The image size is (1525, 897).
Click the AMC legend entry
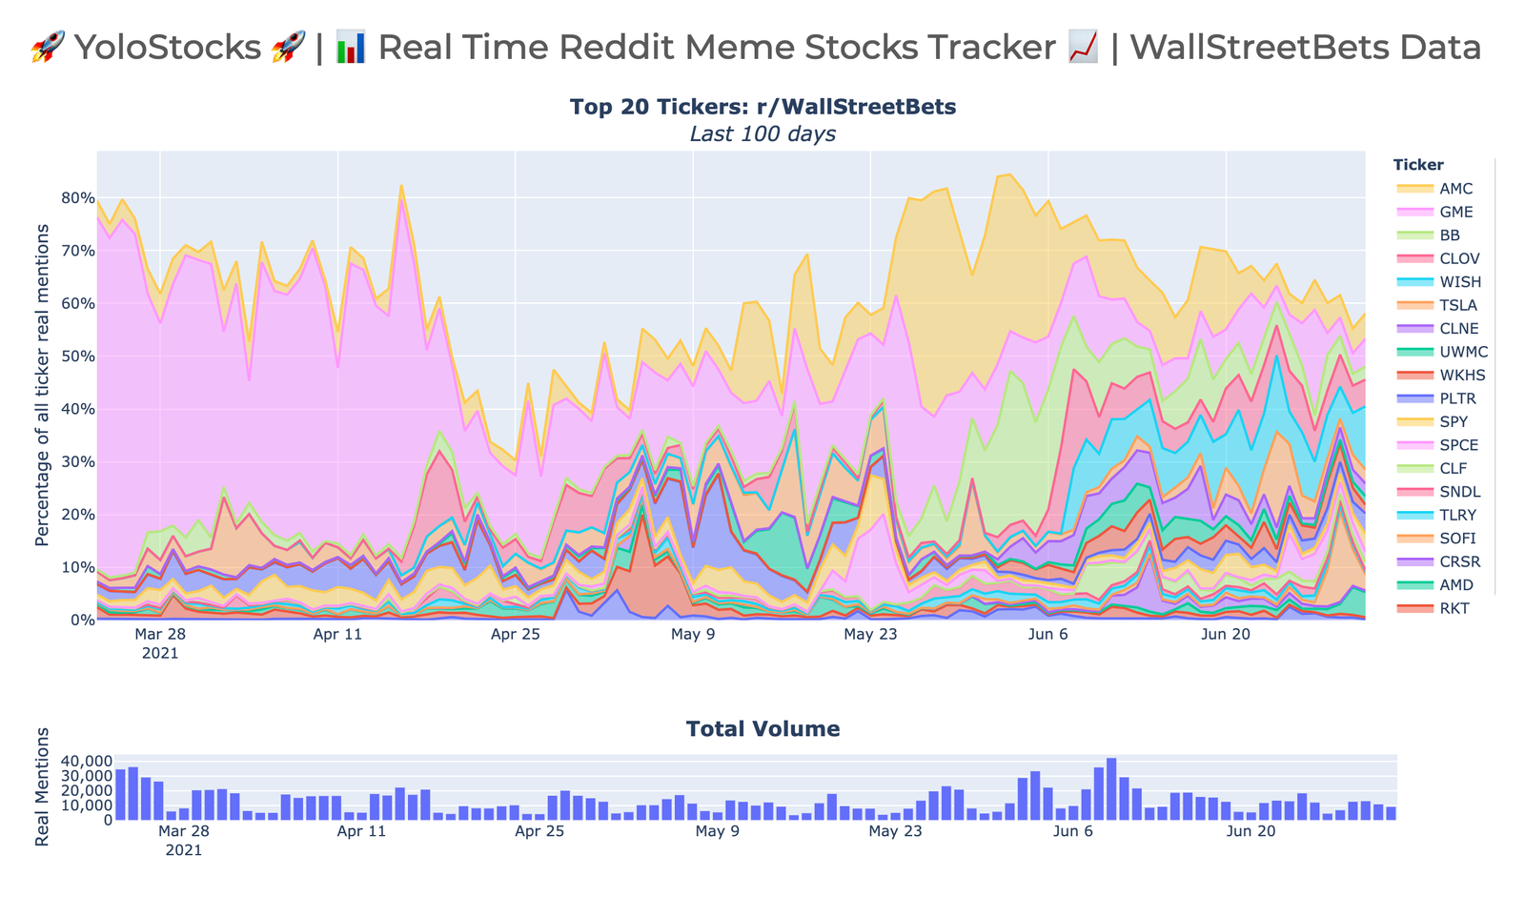coord(1456,189)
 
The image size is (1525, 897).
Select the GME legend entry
coord(1456,213)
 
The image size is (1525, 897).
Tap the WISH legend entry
coord(1460,282)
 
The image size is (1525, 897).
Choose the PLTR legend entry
coord(1458,398)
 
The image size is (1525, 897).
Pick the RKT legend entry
coord(1454,608)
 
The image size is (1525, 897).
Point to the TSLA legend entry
coord(1458,305)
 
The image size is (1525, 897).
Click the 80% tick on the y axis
coord(78,199)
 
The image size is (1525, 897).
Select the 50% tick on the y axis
coord(78,357)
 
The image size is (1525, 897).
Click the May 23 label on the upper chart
coord(870,634)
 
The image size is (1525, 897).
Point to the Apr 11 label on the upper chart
coord(337,634)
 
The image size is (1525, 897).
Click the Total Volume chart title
coord(762,729)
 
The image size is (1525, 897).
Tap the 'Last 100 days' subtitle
coord(762,134)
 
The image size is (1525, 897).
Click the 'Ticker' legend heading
coord(1418,165)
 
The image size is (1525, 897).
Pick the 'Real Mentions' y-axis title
coord(42,786)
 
